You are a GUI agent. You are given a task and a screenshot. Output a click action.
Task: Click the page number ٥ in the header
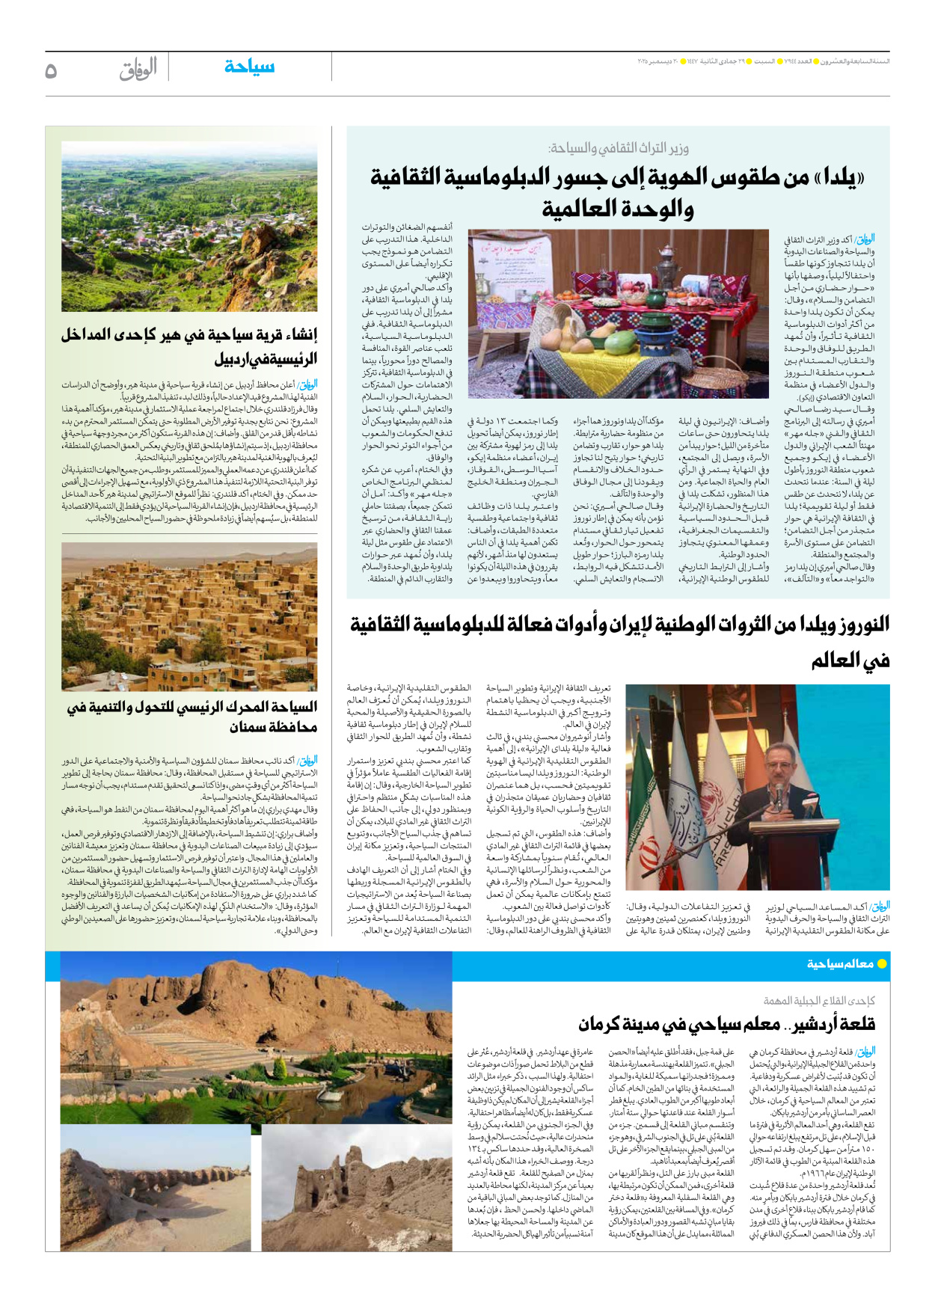coord(51,71)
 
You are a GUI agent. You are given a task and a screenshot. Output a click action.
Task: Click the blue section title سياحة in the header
coord(249,67)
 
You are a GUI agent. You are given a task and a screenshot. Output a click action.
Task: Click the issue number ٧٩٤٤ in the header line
coord(786,61)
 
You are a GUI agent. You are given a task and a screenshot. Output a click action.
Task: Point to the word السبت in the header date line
coord(764,61)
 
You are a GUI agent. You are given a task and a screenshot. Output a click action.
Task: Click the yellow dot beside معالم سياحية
coord(882,964)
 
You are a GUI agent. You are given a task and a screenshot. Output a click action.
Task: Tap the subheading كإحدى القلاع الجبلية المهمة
coord(818,1001)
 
